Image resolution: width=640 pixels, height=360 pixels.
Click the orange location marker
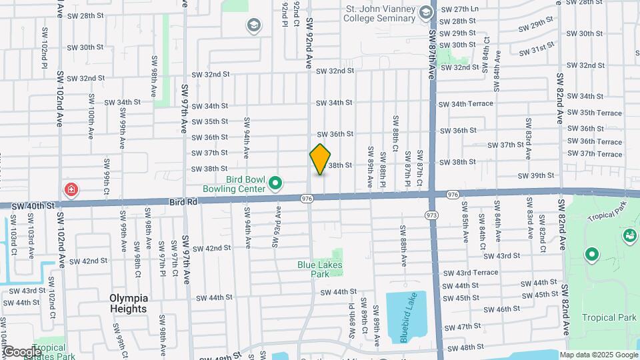pyautogui.click(x=321, y=159)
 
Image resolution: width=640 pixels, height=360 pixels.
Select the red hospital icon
pyautogui.click(x=70, y=191)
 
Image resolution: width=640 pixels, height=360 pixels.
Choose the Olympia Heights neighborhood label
pyautogui.click(x=129, y=303)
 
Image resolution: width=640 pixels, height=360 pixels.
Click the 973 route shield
pyautogui.click(x=431, y=215)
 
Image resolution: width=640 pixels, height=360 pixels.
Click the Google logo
pyautogui.click(x=22, y=351)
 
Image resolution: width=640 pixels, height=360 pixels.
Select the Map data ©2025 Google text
pyautogui.click(x=598, y=355)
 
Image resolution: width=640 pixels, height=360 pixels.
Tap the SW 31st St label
pyautogui.click(x=537, y=49)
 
